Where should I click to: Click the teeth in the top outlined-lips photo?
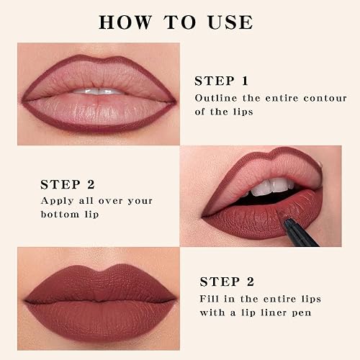pyautogui.click(x=97, y=91)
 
